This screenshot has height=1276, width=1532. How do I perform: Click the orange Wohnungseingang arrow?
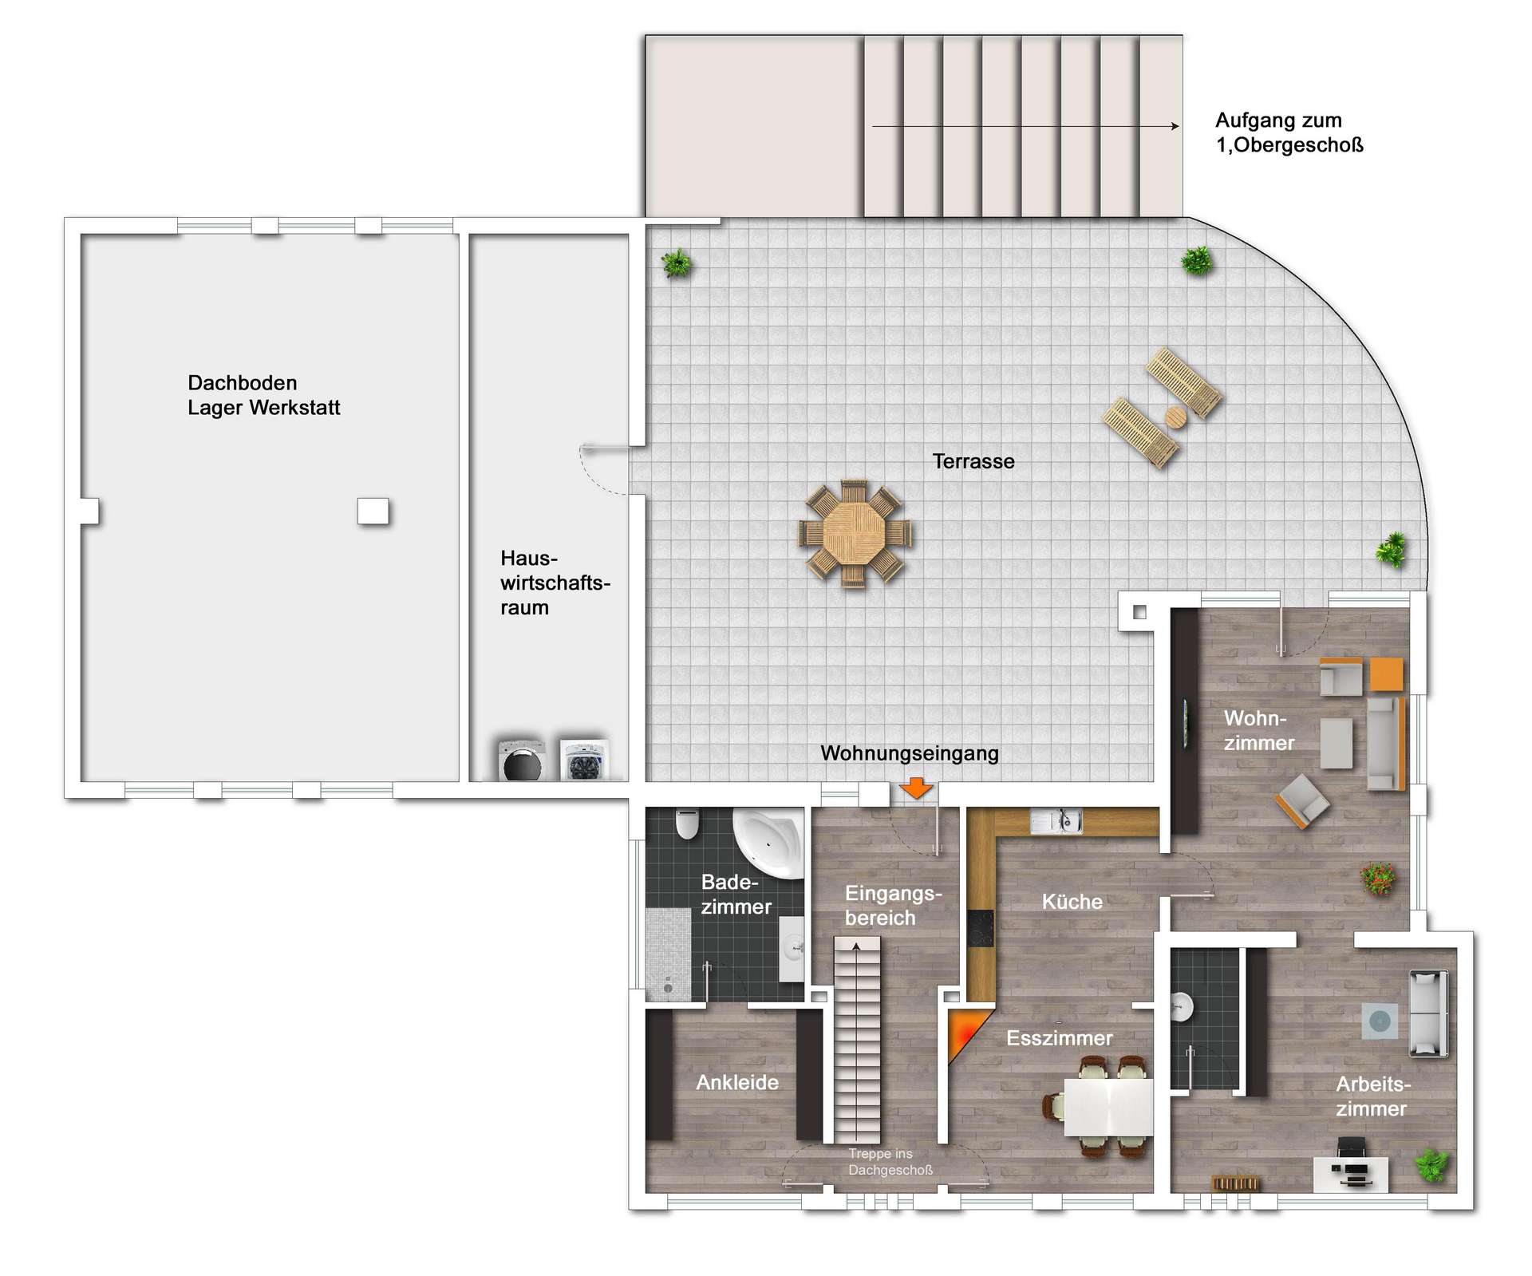pos(916,788)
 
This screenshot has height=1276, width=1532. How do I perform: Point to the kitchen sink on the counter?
pos(1055,821)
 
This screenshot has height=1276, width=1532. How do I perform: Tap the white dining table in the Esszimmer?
pos(1109,1107)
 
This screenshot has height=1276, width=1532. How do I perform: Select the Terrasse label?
pos(973,461)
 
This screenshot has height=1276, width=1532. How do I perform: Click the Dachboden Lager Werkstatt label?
pos(263,395)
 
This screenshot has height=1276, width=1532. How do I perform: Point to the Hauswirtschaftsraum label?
pos(555,583)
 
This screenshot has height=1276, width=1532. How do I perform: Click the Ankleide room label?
pos(737,1082)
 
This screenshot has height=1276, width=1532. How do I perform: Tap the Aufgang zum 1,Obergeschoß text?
pos(1289,132)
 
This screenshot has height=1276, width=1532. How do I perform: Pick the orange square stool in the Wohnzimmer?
pos(1386,674)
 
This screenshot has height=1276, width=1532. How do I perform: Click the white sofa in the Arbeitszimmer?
pos(1428,1013)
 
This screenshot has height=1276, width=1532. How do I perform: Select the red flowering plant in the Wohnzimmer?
pos(1378,878)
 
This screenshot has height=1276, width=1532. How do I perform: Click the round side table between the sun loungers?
pos(1175,417)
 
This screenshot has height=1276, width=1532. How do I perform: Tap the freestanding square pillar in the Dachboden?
pos(373,511)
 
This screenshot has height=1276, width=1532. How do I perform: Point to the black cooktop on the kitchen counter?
pos(981,927)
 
